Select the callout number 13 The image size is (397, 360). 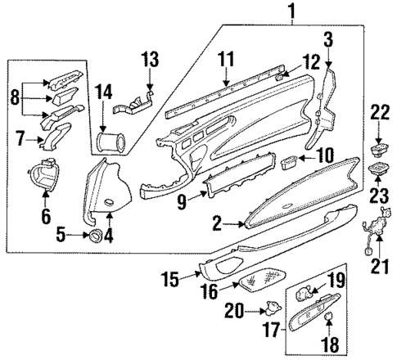[150, 59]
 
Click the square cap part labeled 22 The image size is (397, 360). [379, 150]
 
